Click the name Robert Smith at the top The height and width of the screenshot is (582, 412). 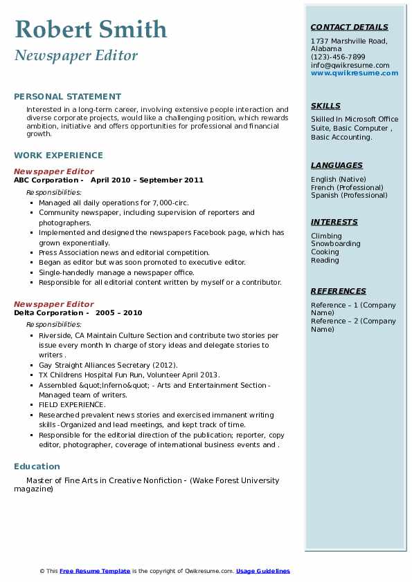(x=91, y=29)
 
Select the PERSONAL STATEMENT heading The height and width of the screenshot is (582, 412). (x=67, y=97)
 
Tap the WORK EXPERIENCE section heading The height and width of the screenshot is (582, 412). (x=58, y=156)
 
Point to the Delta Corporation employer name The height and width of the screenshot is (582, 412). (x=48, y=313)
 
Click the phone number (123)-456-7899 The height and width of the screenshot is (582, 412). (x=338, y=57)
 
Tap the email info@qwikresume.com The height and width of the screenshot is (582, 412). (x=350, y=65)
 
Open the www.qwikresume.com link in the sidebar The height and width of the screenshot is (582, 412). (x=355, y=73)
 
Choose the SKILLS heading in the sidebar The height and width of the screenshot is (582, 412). (x=325, y=106)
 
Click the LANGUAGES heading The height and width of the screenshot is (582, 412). (x=337, y=166)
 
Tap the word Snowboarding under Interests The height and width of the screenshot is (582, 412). (x=335, y=244)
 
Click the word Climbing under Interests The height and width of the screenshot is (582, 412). (x=326, y=236)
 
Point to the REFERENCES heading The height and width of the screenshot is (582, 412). (x=339, y=292)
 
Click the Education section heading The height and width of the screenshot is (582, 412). (x=37, y=467)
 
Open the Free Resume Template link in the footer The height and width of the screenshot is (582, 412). (x=95, y=571)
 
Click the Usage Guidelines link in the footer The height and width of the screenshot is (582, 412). (x=263, y=571)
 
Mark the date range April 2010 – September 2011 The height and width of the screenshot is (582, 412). (x=147, y=180)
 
